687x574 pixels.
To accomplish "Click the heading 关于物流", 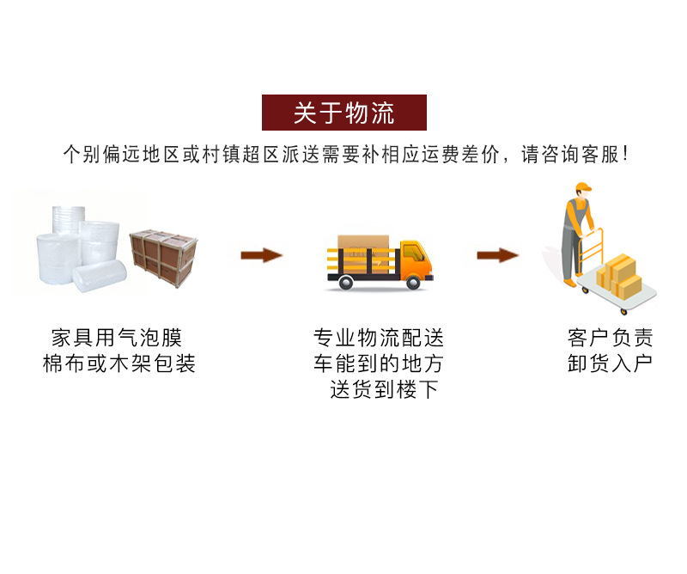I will [x=343, y=113].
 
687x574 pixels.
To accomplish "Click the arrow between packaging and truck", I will [x=261, y=254].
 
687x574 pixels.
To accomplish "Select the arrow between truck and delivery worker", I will [x=498, y=254].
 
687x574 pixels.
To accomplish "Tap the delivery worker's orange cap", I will [x=583, y=188].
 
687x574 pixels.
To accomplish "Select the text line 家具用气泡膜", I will [x=118, y=338].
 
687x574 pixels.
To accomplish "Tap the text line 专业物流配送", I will [x=379, y=338].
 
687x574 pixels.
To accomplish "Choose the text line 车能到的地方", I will [x=379, y=363].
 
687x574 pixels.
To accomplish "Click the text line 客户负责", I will [x=610, y=338].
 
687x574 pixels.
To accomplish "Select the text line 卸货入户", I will [x=610, y=363].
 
